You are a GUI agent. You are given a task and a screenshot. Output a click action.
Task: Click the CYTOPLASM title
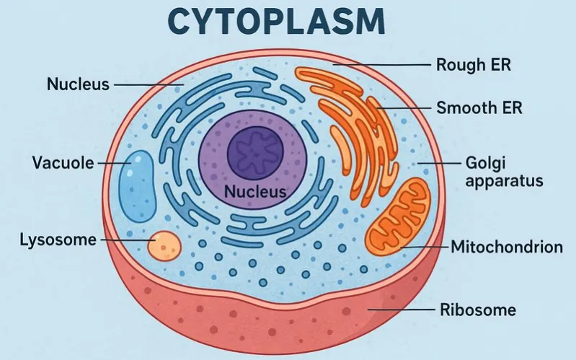click(288, 22)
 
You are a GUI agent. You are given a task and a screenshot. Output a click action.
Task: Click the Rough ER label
click(474, 65)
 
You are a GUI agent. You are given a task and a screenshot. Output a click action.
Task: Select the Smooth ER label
click(479, 109)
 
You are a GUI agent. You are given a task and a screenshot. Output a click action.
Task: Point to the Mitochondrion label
click(506, 247)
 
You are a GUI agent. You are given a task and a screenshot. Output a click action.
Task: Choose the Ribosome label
click(477, 311)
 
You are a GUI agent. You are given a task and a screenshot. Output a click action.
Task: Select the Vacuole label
click(63, 162)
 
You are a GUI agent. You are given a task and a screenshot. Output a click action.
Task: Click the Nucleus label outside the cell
click(78, 84)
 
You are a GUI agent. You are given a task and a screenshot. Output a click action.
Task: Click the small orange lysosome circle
click(163, 245)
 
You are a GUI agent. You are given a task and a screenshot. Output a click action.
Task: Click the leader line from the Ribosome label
click(400, 311)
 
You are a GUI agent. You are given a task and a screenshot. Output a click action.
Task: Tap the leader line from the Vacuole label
click(112, 163)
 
